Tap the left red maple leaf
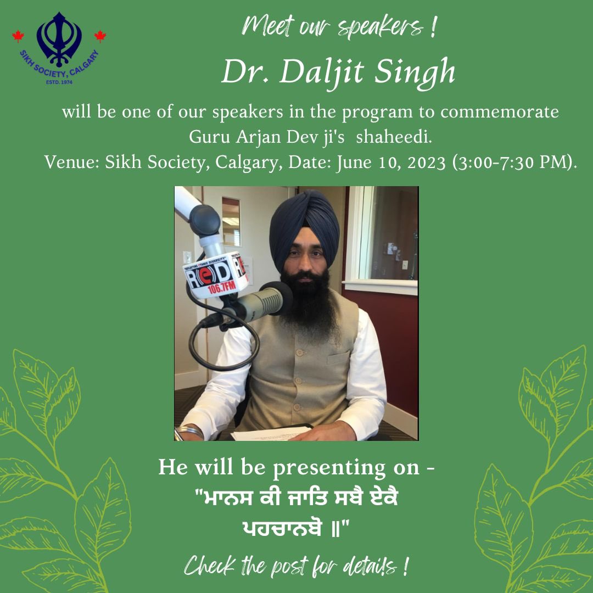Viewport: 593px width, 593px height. [18, 37]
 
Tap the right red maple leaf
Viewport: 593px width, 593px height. [100, 36]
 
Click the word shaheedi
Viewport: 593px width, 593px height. [394, 137]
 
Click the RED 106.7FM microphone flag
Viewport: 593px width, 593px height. [214, 275]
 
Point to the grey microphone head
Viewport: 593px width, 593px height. [269, 301]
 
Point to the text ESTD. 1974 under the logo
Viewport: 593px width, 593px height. [60, 82]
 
